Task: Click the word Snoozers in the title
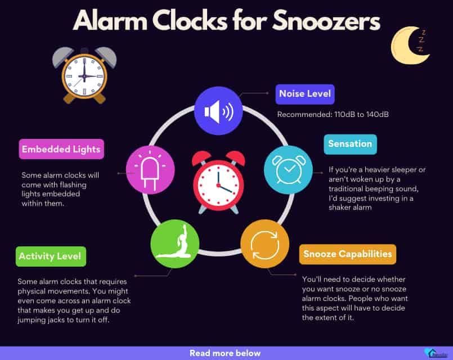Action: (x=326, y=21)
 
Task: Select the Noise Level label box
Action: (x=305, y=94)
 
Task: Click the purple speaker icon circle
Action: (x=218, y=111)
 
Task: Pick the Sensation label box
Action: (x=350, y=144)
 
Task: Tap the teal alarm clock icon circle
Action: (x=288, y=170)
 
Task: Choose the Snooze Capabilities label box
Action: (x=348, y=254)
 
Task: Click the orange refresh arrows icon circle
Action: (x=265, y=244)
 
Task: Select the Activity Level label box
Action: (x=51, y=256)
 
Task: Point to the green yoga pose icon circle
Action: (x=175, y=244)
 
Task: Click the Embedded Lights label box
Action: (x=61, y=149)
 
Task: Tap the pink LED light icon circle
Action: (x=150, y=170)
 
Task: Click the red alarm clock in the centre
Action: (x=218, y=182)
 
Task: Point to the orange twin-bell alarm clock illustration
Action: (x=84, y=75)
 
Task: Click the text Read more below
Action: (x=225, y=353)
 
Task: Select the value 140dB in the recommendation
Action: (x=377, y=114)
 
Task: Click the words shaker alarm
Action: (x=350, y=208)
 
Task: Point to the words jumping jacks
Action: (x=46, y=320)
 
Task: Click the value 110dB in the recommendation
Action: (x=344, y=114)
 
